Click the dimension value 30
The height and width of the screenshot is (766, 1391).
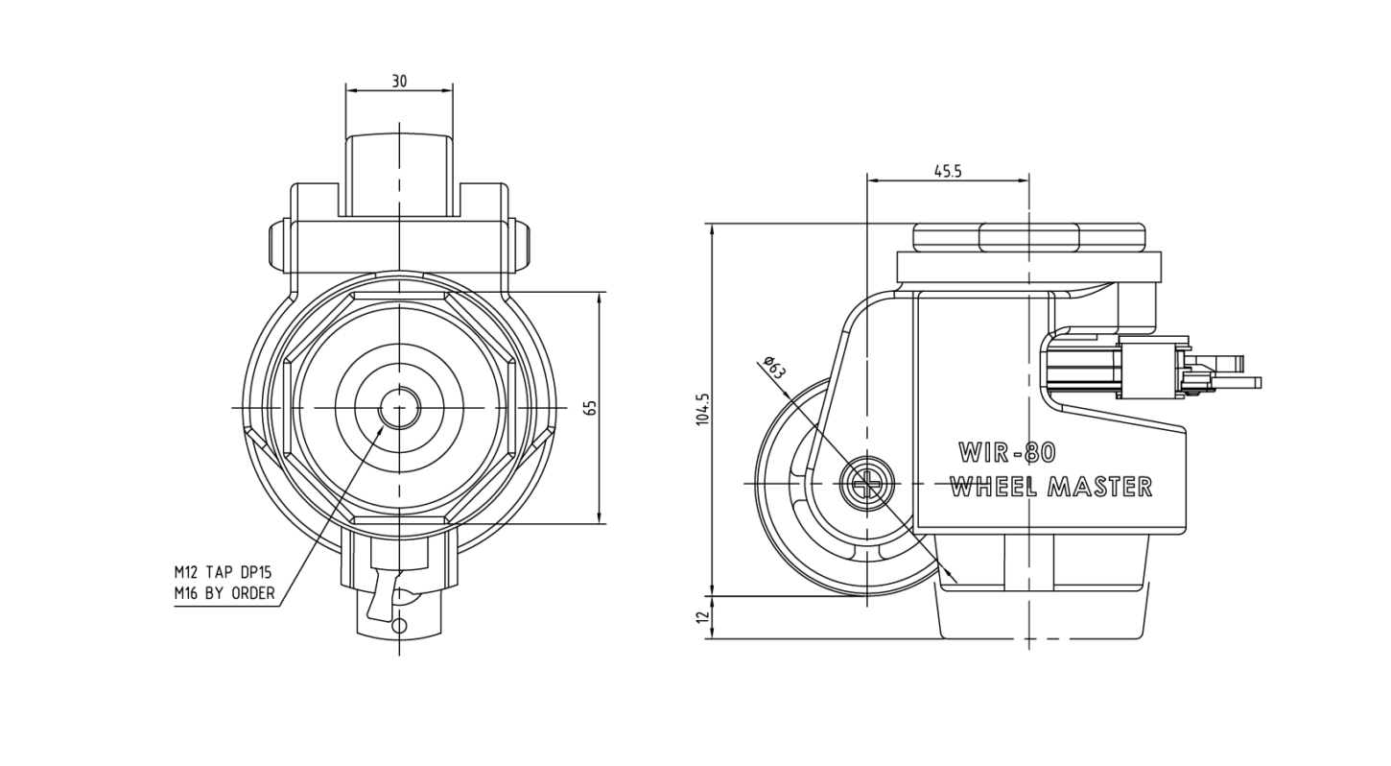399,82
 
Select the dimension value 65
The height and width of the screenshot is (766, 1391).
591,408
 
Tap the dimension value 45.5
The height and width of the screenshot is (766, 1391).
948,172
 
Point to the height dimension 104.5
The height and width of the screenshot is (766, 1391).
703,408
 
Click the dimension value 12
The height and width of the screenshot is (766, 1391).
703,617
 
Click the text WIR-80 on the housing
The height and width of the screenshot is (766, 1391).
1007,453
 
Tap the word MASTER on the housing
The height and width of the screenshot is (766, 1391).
1099,487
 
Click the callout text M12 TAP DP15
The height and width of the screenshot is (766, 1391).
223,572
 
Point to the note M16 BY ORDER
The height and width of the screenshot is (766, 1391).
224,594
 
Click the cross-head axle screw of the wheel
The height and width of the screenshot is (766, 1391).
866,484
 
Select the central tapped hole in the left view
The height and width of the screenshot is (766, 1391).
399,408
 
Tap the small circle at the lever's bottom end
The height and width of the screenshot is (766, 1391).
401,625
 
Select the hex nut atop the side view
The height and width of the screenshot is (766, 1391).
1028,237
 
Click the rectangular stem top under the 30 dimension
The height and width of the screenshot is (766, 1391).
399,176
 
